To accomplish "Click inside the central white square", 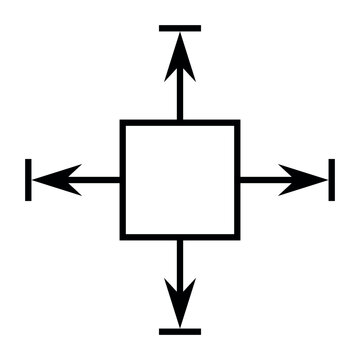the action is [180, 180].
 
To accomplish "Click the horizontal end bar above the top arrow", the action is [180, 28].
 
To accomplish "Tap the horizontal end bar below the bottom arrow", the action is [180, 331].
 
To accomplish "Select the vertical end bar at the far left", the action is [29, 180].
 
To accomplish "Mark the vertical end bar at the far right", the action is [331, 180].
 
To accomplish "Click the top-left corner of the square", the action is [123, 123].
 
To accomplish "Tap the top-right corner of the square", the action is [237, 123].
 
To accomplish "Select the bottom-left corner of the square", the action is [123, 237].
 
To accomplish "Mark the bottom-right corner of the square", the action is [237, 237].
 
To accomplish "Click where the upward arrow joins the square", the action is [180, 122].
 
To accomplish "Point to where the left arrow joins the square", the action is [122, 180].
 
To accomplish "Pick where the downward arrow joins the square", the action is [180, 238].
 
